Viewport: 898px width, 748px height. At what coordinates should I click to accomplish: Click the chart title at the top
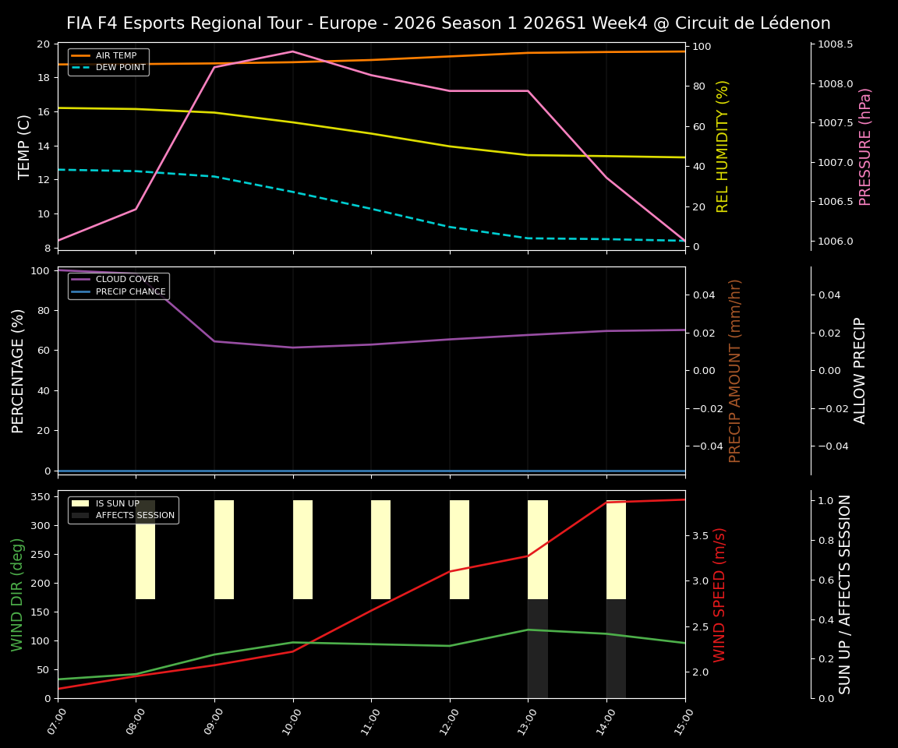pyautogui.click(x=448, y=23)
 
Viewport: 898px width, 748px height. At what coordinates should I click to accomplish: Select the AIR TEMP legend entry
pyautogui.click(x=115, y=56)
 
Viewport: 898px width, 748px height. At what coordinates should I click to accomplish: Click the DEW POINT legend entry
pyautogui.click(x=119, y=68)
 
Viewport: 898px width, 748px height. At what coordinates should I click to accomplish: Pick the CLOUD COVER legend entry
pyautogui.click(x=127, y=280)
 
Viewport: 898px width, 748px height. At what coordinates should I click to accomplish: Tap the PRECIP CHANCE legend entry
pyautogui.click(x=130, y=292)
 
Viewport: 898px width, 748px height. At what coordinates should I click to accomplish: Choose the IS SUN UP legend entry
pyautogui.click(x=116, y=503)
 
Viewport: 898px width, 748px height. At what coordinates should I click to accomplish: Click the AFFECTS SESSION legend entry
pyautogui.click(x=135, y=515)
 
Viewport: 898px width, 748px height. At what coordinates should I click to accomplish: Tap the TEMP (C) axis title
pyautogui.click(x=24, y=146)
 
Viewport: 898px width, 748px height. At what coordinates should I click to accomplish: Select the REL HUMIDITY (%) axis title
pyautogui.click(x=723, y=146)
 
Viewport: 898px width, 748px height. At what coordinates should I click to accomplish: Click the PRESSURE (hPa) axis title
pyautogui.click(x=865, y=146)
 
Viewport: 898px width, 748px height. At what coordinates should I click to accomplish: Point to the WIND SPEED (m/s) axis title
pyautogui.click(x=719, y=595)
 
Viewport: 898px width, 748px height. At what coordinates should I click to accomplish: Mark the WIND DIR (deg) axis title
pyautogui.click(x=17, y=595)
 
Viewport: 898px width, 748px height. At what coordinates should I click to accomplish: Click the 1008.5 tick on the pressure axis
pyautogui.click(x=835, y=44)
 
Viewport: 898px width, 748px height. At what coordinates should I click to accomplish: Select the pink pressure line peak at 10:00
pyautogui.click(x=293, y=51)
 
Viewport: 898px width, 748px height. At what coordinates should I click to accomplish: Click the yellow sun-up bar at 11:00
pyautogui.click(x=380, y=549)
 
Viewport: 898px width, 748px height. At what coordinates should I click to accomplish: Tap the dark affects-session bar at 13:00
pyautogui.click(x=537, y=648)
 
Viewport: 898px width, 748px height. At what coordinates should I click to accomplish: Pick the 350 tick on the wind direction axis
pyautogui.click(x=43, y=496)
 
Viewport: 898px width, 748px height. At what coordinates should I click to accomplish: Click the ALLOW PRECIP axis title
pyautogui.click(x=861, y=370)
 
